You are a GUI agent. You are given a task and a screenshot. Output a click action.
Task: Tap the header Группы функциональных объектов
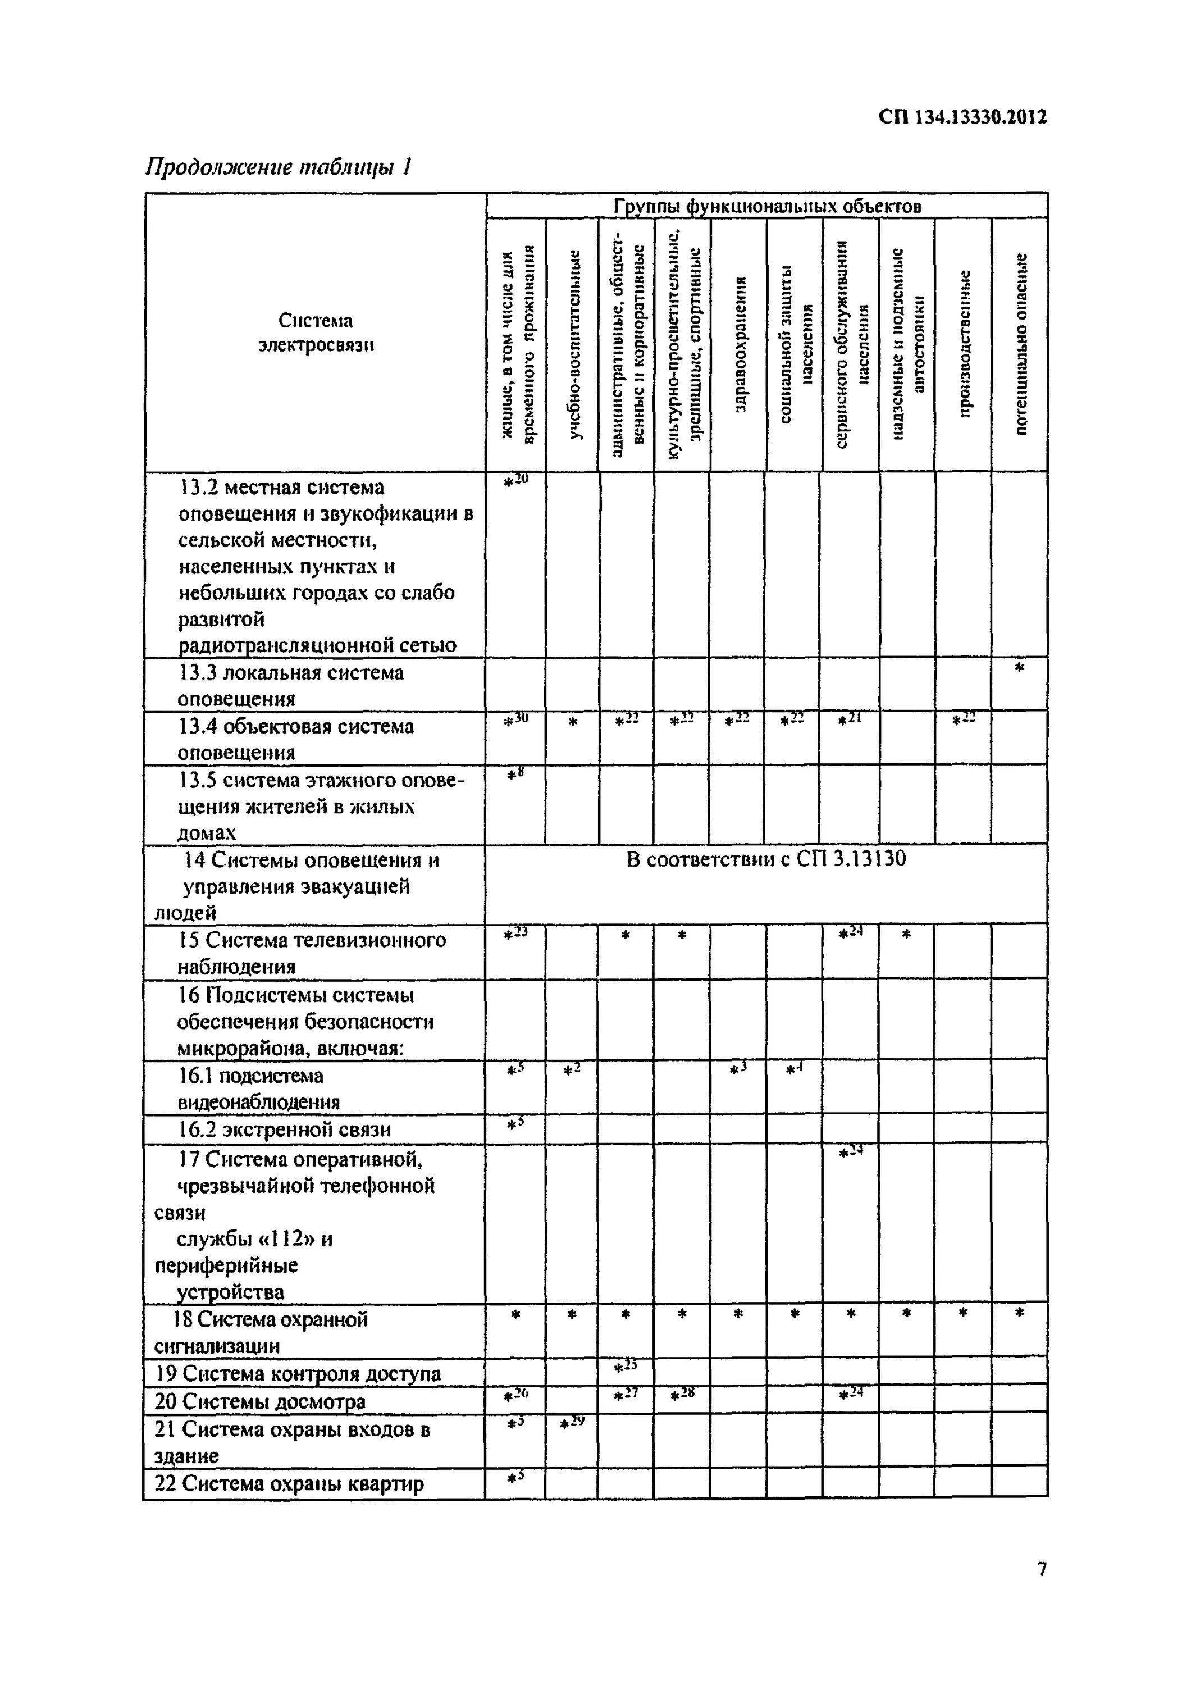766,206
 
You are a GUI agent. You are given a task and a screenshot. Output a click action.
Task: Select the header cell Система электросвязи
316,333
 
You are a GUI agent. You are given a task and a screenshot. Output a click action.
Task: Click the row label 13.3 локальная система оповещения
290,685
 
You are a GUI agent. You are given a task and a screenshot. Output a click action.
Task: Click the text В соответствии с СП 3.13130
766,859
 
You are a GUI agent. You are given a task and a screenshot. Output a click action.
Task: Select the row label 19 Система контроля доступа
298,1374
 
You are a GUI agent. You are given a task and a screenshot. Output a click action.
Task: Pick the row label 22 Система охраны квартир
289,1484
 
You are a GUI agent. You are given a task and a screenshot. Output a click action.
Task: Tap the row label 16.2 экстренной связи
284,1130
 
